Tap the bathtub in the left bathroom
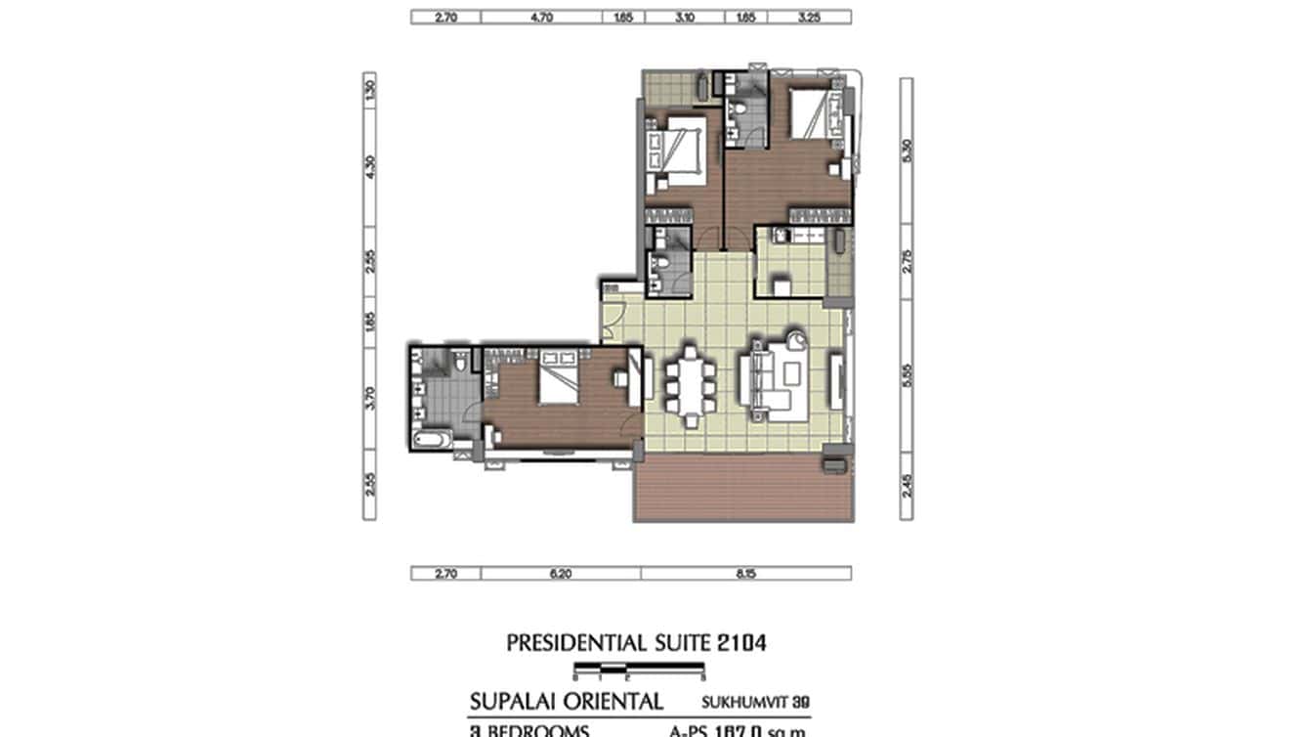pos(430,442)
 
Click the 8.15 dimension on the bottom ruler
pos(746,574)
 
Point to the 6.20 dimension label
pos(560,574)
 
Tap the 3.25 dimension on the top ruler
pos(809,17)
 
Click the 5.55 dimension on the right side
pos(906,376)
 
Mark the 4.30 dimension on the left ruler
pos(369,167)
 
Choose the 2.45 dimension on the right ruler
pos(906,484)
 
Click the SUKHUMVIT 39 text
pos(754,702)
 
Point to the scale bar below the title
pos(640,670)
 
